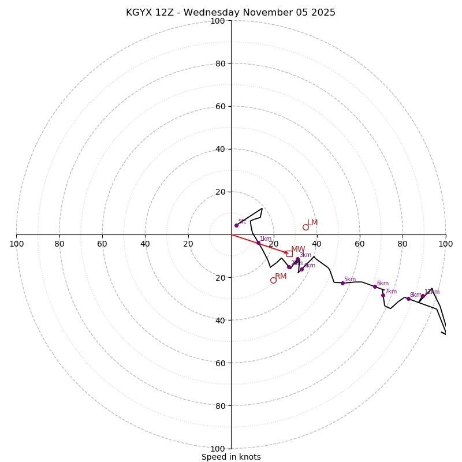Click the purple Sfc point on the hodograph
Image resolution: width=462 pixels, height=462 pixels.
coord(236,225)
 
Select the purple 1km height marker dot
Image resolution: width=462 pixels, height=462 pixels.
coord(258,243)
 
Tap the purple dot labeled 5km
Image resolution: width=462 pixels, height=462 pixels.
coord(342,283)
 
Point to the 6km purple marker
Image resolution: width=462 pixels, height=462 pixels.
coord(375,286)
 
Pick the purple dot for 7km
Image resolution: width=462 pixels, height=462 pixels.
coord(383,295)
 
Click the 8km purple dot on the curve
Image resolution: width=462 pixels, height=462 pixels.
coord(408,299)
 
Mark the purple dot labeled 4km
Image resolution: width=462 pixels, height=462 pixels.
coord(301,269)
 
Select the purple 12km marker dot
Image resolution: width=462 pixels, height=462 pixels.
coord(423,296)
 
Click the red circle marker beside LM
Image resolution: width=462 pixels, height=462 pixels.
coord(305,227)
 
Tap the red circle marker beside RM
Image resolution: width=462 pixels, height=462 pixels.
coord(273,280)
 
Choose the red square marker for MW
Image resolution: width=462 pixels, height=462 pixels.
coord(289,254)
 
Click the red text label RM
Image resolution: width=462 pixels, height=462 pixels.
coord(281,277)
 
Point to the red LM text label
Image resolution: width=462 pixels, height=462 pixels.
coord(312,223)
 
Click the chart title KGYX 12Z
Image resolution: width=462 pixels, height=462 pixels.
coord(230,13)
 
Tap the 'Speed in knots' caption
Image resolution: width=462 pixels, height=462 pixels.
coord(231,457)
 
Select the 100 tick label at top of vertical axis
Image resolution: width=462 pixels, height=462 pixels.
coord(218,21)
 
